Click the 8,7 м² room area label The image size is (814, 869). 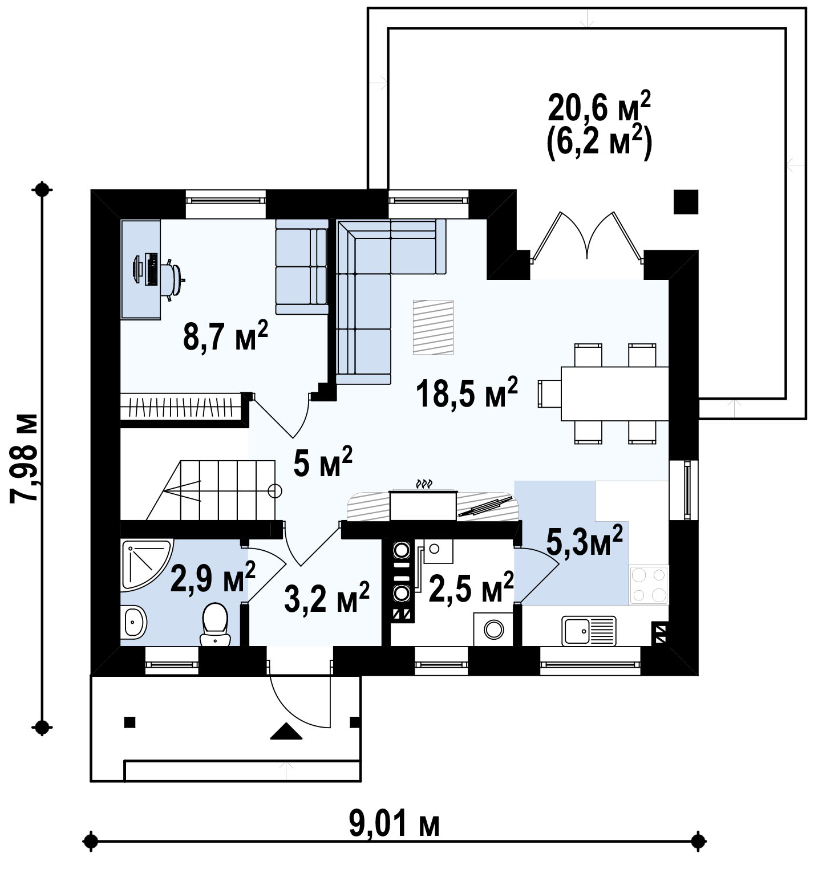point(225,336)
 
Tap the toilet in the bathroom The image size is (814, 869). point(215,624)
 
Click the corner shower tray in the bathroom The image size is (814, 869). point(146,564)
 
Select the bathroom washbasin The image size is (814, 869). point(135,622)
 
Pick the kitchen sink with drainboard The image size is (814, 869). point(589,631)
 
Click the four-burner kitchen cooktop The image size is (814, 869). point(649,585)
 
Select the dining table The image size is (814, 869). point(614,393)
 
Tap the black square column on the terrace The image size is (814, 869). point(686,202)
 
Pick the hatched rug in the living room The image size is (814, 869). point(433,327)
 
